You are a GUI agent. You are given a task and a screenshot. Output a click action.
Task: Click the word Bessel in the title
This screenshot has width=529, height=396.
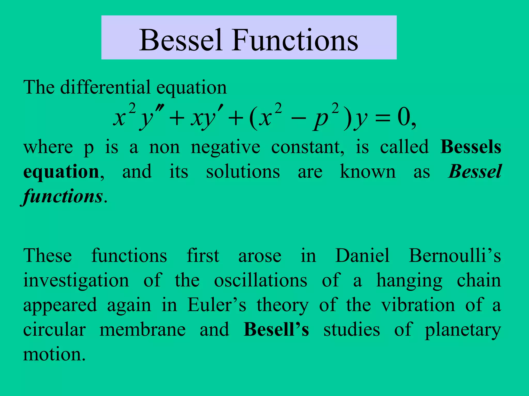click(x=181, y=40)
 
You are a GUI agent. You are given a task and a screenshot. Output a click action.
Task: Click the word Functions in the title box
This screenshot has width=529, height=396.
click(x=295, y=40)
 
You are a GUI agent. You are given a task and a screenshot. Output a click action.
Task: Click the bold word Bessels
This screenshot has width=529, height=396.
click(x=471, y=147)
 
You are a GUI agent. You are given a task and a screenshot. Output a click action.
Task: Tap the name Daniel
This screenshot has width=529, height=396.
click(x=362, y=255)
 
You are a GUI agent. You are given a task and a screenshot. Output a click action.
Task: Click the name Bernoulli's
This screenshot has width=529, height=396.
click(x=455, y=255)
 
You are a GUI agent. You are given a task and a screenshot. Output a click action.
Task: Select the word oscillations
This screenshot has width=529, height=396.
click(x=261, y=280)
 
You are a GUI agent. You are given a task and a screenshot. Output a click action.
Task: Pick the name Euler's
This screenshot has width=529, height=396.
click(x=216, y=305)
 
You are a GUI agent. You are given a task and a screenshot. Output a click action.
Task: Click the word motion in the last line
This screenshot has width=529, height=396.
click(x=54, y=354)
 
